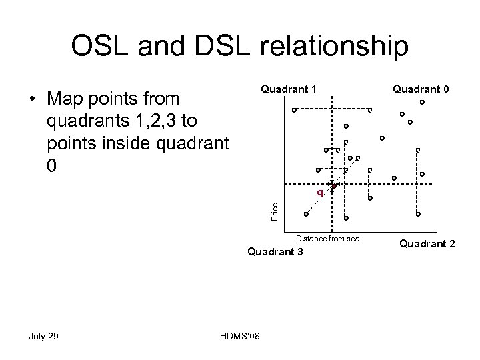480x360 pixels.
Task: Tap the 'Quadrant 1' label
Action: click(x=288, y=88)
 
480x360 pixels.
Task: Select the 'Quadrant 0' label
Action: click(x=420, y=88)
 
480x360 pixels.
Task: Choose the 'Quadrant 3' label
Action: click(x=275, y=251)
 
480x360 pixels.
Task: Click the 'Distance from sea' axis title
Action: click(x=327, y=238)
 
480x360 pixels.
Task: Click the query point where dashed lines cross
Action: click(x=333, y=184)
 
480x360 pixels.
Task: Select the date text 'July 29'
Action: click(x=44, y=335)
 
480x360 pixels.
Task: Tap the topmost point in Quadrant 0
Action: click(x=422, y=102)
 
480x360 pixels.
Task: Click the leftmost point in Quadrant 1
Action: click(x=294, y=110)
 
